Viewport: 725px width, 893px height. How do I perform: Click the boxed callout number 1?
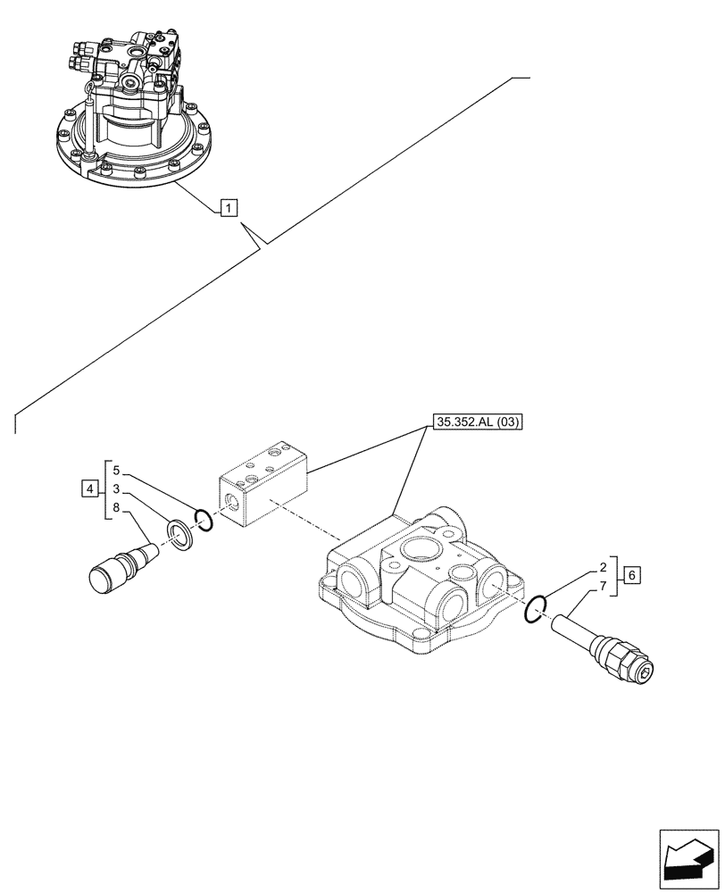(229, 209)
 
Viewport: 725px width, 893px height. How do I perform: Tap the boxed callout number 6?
(630, 574)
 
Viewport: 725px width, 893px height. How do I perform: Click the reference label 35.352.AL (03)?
(477, 422)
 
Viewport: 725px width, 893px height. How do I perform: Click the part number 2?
(604, 566)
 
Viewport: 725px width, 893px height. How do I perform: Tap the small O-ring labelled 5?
(203, 521)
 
